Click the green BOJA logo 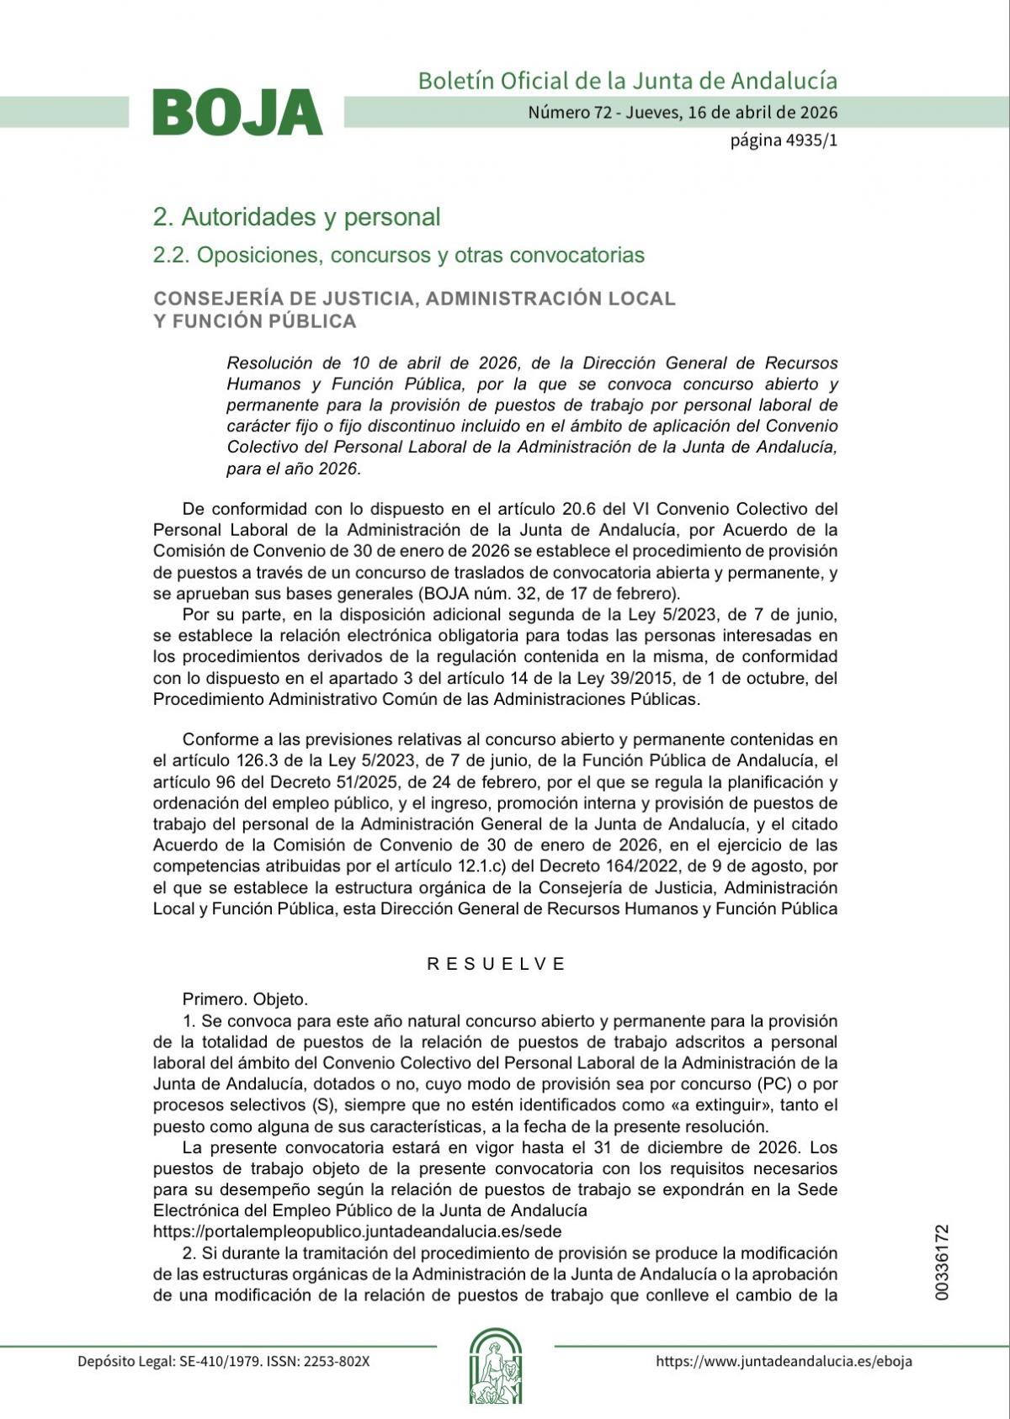point(237,113)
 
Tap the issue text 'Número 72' point(569,112)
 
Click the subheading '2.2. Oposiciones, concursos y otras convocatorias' point(398,255)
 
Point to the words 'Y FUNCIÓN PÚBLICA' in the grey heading point(254,321)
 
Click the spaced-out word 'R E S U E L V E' point(496,964)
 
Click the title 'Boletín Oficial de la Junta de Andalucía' point(627,81)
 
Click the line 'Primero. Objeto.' point(245,999)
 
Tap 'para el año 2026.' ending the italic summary point(293,469)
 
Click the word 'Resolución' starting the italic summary point(268,363)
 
